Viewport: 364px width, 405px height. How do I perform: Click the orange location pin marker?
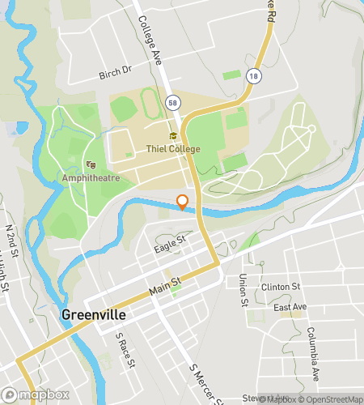pyautogui.click(x=183, y=202)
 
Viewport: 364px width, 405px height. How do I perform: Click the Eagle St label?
pyautogui.click(x=171, y=240)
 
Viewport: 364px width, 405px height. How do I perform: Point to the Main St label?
pyautogui.click(x=165, y=284)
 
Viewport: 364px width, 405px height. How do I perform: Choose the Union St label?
pyautogui.click(x=243, y=291)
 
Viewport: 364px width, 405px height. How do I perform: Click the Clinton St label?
pyautogui.click(x=281, y=287)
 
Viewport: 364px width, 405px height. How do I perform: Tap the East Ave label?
pyautogui.click(x=290, y=308)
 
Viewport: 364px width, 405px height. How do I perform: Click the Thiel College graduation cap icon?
pyautogui.click(x=172, y=136)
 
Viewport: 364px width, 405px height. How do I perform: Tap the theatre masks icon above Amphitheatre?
pyautogui.click(x=89, y=164)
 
